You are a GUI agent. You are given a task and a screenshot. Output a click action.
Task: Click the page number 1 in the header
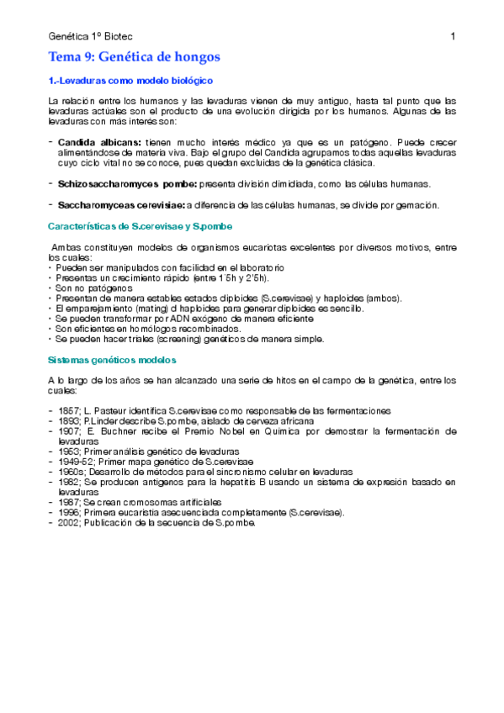point(453,35)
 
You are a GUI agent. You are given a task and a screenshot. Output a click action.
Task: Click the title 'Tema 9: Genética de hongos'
point(135,57)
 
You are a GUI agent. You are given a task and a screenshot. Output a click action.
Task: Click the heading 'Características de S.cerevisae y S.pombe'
point(141,227)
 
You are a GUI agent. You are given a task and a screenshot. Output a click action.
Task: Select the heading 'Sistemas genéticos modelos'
point(112,359)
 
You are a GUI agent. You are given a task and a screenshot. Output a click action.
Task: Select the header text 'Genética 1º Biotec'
point(91,36)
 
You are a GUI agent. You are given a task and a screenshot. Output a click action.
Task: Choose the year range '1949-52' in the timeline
point(75,461)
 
